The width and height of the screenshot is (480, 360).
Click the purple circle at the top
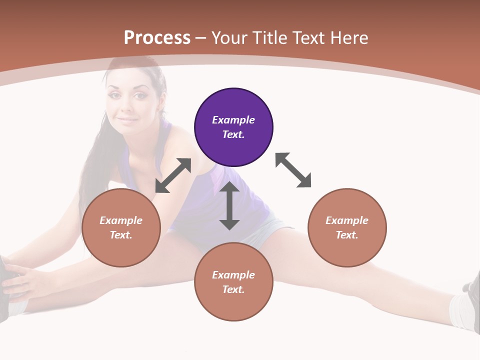pos(233,127)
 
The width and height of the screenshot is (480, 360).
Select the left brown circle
pos(121,227)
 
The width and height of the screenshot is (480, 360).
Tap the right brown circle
pos(347,227)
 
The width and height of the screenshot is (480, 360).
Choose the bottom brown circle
pos(233,282)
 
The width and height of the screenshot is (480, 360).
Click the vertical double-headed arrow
pos(229,205)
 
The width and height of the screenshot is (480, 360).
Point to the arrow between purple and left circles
pos(173,175)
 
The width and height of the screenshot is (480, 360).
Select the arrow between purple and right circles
pos(293,170)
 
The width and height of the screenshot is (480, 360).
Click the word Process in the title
pos(157,38)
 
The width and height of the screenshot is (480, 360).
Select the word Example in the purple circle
pos(233,120)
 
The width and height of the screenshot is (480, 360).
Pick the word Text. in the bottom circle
pos(233,289)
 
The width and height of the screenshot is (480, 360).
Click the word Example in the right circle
pos(347,220)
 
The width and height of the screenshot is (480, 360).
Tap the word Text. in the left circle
pos(121,235)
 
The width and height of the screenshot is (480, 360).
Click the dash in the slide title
pos(201,38)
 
